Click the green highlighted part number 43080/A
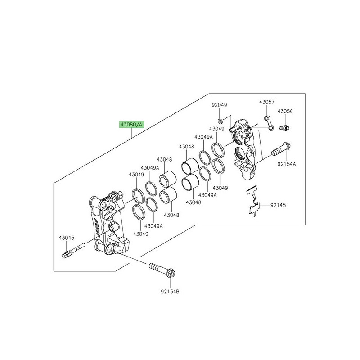click(130, 125)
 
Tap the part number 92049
click(220, 105)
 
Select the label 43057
click(266, 103)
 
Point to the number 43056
click(285, 111)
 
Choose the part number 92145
click(278, 205)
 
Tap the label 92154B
click(171, 292)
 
